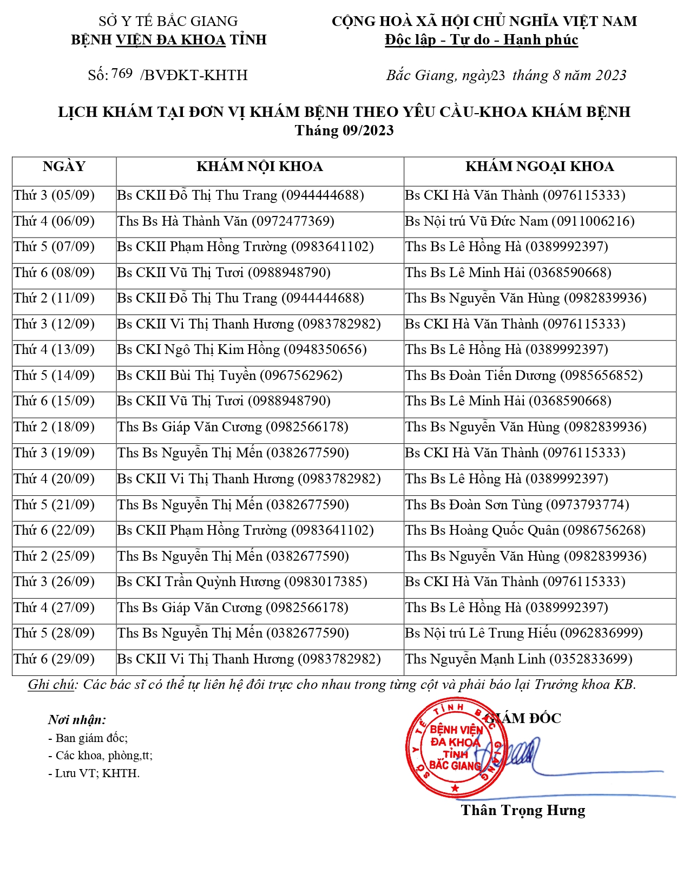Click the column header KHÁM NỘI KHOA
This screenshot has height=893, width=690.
(x=260, y=167)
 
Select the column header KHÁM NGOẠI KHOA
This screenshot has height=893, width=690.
(x=540, y=167)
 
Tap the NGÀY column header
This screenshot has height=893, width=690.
(x=64, y=167)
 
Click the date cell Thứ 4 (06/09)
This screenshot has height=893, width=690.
(x=54, y=221)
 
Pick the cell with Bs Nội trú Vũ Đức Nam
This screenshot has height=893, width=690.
(x=520, y=221)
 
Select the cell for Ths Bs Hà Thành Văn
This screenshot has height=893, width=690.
(x=226, y=221)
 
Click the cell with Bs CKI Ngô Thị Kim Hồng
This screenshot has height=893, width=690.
(x=242, y=350)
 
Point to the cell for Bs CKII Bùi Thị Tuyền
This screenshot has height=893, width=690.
(x=230, y=376)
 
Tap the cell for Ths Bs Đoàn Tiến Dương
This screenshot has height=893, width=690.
(x=524, y=376)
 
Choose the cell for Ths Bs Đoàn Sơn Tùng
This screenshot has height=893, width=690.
(x=517, y=505)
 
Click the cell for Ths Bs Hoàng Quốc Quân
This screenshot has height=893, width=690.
(x=525, y=530)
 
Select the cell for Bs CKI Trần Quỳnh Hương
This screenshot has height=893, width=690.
(x=242, y=582)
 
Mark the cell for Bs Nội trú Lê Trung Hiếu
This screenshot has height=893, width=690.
(x=524, y=633)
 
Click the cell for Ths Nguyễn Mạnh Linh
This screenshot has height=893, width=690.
(x=518, y=659)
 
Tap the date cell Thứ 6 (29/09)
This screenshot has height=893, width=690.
(x=54, y=659)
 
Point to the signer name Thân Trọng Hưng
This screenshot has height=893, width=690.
(x=523, y=810)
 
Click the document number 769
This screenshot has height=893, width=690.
(x=122, y=74)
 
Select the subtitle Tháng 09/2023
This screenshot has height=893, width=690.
(x=344, y=130)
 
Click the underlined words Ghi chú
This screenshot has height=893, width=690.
(x=51, y=685)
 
